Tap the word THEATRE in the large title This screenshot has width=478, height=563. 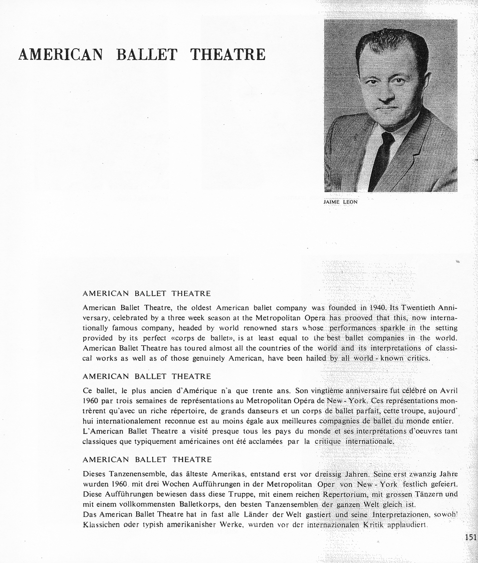pos(228,54)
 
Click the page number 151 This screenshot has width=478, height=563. pos(470,538)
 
